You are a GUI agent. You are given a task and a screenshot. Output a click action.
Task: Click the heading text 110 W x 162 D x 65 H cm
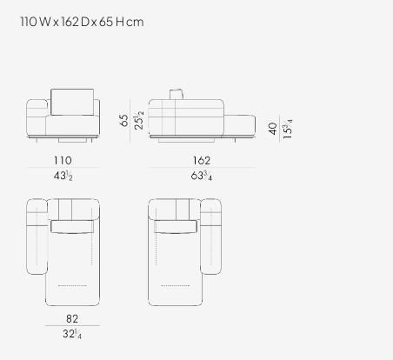point(82,22)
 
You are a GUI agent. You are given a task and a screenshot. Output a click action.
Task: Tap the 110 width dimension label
point(63,160)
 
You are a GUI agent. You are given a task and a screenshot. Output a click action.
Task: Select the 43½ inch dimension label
point(63,176)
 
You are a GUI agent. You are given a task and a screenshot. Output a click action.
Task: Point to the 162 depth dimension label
point(202,160)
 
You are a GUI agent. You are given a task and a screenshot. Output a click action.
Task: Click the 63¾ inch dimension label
point(202,176)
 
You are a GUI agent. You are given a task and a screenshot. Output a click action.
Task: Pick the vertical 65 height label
point(123,120)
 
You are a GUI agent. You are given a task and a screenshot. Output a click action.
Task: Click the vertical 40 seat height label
point(272,129)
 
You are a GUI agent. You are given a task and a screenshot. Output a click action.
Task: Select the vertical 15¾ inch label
point(287,129)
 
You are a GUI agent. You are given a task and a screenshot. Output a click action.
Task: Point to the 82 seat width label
point(72,319)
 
